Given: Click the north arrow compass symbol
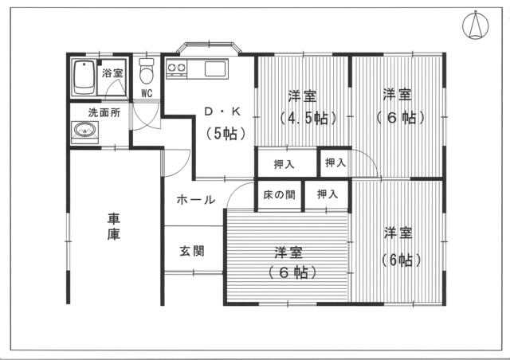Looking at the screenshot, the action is [x=475, y=25].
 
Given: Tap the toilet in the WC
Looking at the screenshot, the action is [x=147, y=71].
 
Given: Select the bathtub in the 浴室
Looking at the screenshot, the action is [x=84, y=78].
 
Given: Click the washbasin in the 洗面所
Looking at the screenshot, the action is [x=85, y=130].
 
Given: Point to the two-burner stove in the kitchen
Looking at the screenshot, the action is [x=176, y=69].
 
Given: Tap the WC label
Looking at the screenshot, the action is [x=147, y=93].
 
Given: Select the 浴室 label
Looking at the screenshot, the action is [x=112, y=72].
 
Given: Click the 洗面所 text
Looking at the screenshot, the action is [x=104, y=113].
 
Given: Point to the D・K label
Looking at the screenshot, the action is [x=222, y=112].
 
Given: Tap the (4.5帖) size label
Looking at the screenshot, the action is [x=308, y=118].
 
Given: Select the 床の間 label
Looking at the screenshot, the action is [x=280, y=195].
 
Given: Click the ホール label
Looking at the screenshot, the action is [x=196, y=199].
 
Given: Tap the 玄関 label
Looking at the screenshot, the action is [x=192, y=251].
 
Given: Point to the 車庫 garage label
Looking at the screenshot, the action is [x=114, y=227].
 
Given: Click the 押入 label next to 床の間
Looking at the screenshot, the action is [x=328, y=194].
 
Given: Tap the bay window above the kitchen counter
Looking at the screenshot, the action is [x=210, y=48].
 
